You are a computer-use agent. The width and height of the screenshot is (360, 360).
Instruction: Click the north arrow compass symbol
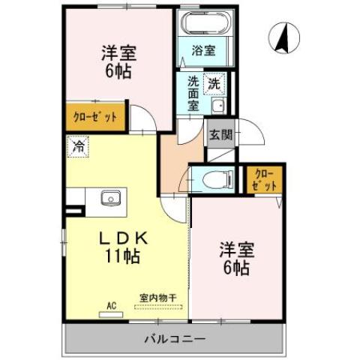[x=283, y=38]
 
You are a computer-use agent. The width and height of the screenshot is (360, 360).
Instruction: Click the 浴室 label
[x=203, y=52]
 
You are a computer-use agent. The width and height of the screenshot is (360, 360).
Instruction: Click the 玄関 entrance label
[x=220, y=135]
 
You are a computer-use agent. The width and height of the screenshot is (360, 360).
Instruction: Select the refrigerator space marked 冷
[x=78, y=146]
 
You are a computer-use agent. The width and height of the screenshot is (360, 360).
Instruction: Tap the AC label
[x=111, y=306]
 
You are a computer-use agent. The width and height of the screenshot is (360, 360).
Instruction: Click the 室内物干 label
[x=157, y=297]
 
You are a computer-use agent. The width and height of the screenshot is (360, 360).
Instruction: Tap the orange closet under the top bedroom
[x=95, y=117]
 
